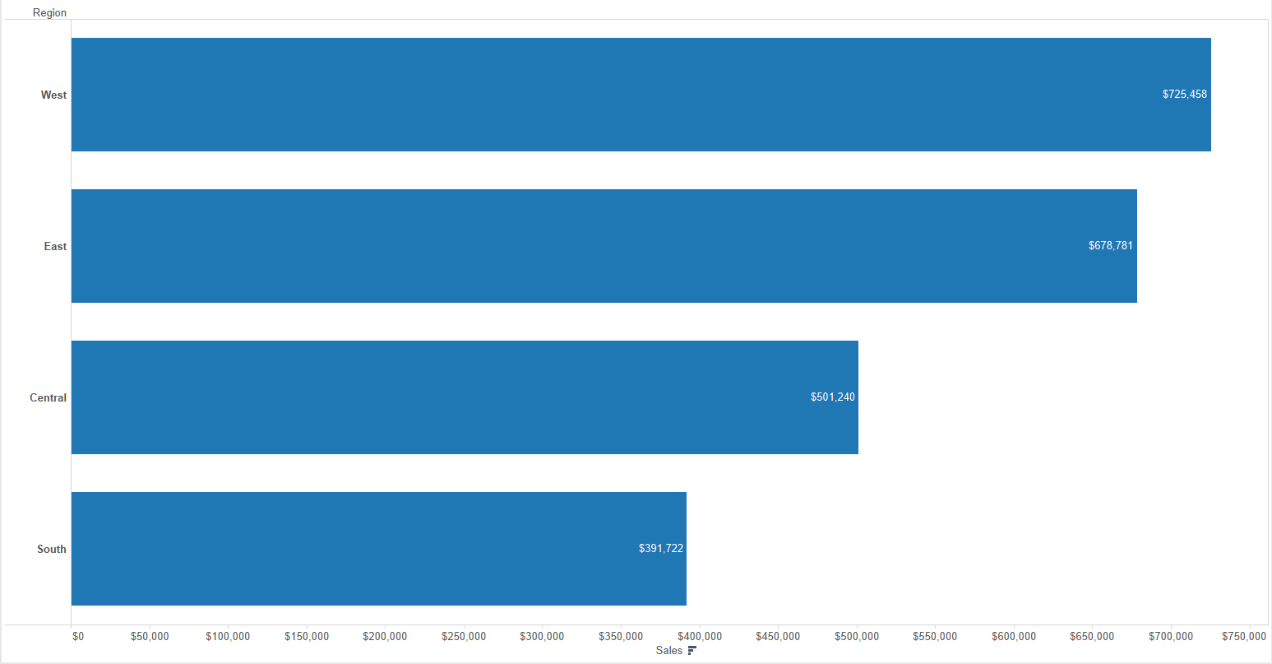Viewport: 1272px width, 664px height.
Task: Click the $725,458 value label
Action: click(x=1184, y=95)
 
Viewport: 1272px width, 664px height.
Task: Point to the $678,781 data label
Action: click(x=1110, y=246)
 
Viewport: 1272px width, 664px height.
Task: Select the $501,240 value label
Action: click(x=832, y=397)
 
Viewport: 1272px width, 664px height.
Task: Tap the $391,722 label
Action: click(x=660, y=549)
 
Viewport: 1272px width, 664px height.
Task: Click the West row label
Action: click(x=53, y=95)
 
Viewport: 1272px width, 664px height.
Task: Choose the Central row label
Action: click(x=48, y=398)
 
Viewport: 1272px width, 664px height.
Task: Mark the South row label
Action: click(x=51, y=550)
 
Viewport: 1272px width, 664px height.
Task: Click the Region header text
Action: click(x=49, y=13)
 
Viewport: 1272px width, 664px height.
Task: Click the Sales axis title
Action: click(x=668, y=651)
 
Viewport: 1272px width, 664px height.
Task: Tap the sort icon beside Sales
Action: click(x=692, y=651)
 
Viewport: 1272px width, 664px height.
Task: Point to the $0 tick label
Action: click(x=78, y=637)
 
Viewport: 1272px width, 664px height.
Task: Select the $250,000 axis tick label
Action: click(x=464, y=637)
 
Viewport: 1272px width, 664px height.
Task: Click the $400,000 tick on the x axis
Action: click(x=700, y=637)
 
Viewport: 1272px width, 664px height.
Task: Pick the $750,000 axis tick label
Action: click(x=1243, y=637)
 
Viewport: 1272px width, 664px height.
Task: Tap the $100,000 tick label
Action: click(x=228, y=637)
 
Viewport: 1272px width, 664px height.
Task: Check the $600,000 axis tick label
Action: click(x=1014, y=637)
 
